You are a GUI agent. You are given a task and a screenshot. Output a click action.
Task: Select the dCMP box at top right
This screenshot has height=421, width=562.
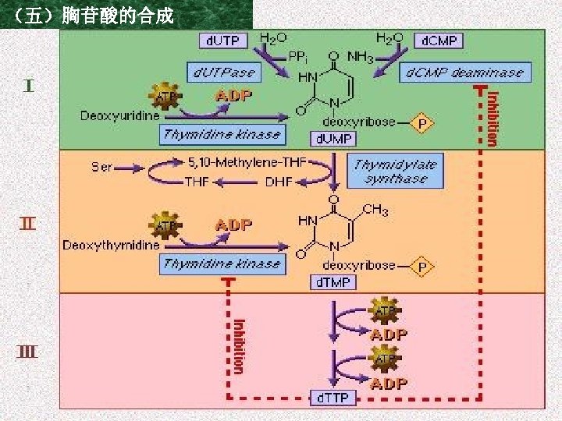(x=441, y=40)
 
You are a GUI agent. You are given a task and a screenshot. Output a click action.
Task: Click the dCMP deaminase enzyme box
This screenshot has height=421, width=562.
(x=465, y=73)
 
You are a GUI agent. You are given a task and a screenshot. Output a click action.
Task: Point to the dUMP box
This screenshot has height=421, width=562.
(x=333, y=139)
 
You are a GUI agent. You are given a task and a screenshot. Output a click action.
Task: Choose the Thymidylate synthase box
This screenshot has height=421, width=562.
(x=396, y=171)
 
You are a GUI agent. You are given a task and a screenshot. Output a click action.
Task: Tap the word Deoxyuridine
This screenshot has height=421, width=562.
(x=119, y=115)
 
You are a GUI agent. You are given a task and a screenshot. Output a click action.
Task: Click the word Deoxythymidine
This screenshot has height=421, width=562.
(x=111, y=245)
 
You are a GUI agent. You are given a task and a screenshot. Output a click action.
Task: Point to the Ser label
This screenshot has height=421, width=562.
(x=101, y=166)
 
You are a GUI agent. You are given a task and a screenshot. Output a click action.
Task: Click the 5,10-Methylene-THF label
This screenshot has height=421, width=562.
(x=247, y=163)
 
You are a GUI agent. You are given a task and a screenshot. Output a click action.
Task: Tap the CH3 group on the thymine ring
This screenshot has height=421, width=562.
(x=375, y=210)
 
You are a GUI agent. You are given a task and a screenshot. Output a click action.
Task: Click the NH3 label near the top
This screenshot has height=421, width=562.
(x=359, y=56)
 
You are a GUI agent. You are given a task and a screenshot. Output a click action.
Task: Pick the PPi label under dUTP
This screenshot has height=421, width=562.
(x=297, y=56)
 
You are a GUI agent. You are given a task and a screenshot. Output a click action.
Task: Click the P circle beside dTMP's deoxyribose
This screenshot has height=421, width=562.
(x=422, y=267)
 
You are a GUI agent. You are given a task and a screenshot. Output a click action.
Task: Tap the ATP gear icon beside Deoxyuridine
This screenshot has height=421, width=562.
(x=165, y=97)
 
